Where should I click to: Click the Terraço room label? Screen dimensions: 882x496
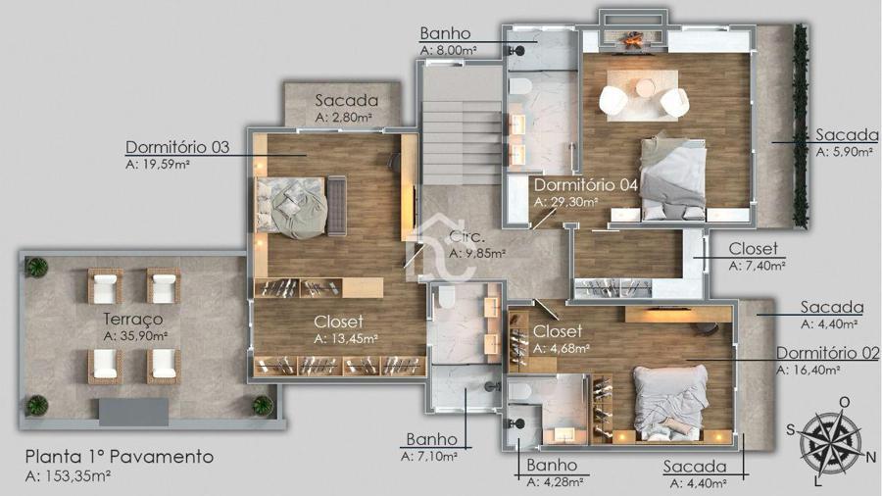133,320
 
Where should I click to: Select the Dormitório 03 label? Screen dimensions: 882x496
177,147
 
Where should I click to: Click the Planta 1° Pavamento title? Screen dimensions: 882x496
120,456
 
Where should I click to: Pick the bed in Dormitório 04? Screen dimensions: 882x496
672,177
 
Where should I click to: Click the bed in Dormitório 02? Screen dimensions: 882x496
670,403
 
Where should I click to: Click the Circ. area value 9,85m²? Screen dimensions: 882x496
477,254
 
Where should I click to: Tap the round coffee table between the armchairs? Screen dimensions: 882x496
645,88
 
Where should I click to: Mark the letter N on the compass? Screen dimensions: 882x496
871,457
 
